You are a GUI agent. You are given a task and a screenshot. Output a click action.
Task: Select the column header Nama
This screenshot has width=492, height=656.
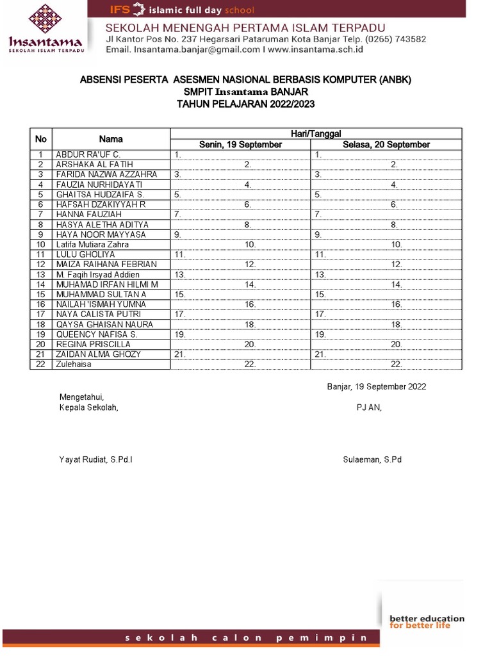pos(111,139)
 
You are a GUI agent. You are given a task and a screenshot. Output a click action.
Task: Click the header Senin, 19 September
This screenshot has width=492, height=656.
pos(240,145)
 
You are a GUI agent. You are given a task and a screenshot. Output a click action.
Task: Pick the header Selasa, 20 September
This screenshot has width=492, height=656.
pos(386,145)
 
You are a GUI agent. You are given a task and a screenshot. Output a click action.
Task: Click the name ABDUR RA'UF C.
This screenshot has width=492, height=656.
pos(88,154)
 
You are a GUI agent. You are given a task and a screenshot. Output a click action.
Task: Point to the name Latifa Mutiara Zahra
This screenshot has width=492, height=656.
pos(92,245)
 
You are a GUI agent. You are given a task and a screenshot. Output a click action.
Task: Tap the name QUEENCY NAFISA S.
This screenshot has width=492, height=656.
pos(96,334)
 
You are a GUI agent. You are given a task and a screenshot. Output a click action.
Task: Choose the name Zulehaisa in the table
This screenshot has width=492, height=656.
pos(74,365)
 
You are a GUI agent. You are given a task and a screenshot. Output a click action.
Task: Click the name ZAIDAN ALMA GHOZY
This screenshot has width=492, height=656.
pos(98,354)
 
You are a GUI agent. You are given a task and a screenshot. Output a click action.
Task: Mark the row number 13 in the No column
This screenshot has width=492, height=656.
pos(41,275)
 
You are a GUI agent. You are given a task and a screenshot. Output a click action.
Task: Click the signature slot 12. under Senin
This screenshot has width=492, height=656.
pos(250,265)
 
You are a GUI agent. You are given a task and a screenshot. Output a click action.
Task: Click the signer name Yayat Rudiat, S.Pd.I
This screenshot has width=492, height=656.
pos(96,460)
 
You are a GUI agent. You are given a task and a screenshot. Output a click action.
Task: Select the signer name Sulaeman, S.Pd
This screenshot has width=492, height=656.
pos(372,460)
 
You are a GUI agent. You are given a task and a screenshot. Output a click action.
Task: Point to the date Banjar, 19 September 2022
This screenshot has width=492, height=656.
pos(377,387)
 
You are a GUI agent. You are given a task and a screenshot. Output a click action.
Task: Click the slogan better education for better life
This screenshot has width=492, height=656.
pos(427,621)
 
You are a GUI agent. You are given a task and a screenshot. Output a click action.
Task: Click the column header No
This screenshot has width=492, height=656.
pos(41,139)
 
